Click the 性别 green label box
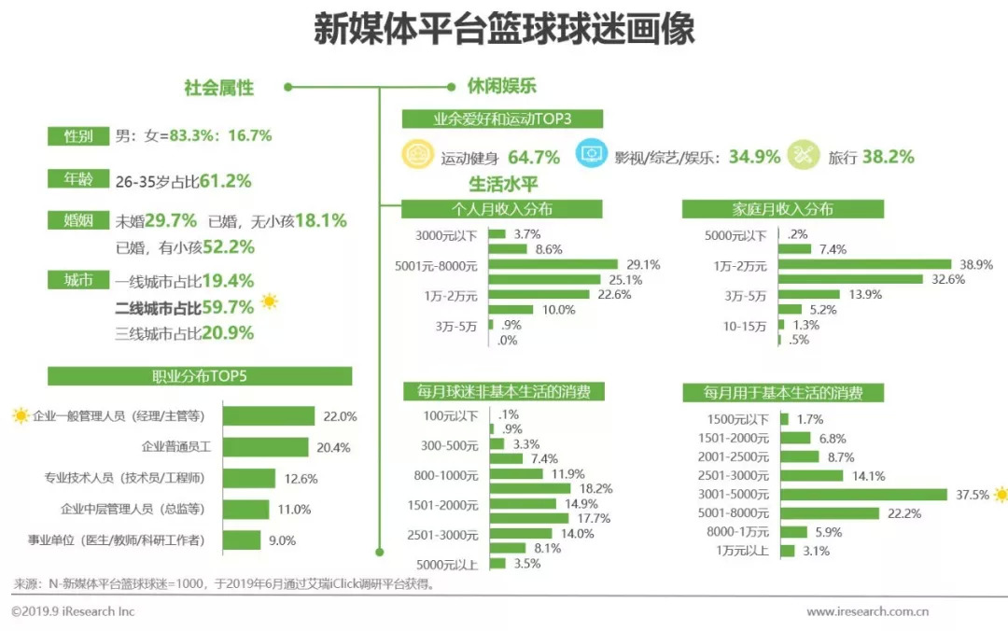[x=77, y=136]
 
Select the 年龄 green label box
[x=77, y=180]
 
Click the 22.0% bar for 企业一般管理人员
[x=268, y=416]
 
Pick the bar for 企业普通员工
[x=264, y=447]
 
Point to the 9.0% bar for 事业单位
[x=242, y=540]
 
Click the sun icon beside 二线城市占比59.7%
[x=270, y=301]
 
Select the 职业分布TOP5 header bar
[x=200, y=376]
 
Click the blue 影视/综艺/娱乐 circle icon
[x=591, y=156]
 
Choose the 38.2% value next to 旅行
[x=888, y=157]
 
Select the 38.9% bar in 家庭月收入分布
[x=864, y=265]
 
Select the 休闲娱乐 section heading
[x=501, y=87]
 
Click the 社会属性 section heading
[x=218, y=88]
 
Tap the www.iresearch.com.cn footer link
[x=867, y=611]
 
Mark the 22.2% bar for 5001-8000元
[x=829, y=513]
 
